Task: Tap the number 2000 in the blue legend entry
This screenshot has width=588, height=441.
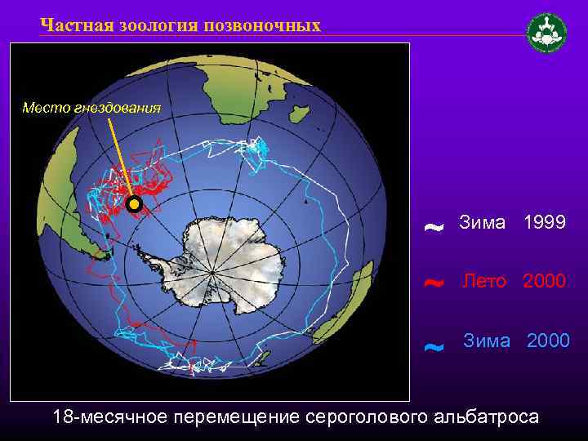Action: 549,341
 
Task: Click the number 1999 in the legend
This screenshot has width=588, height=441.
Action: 545,222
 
